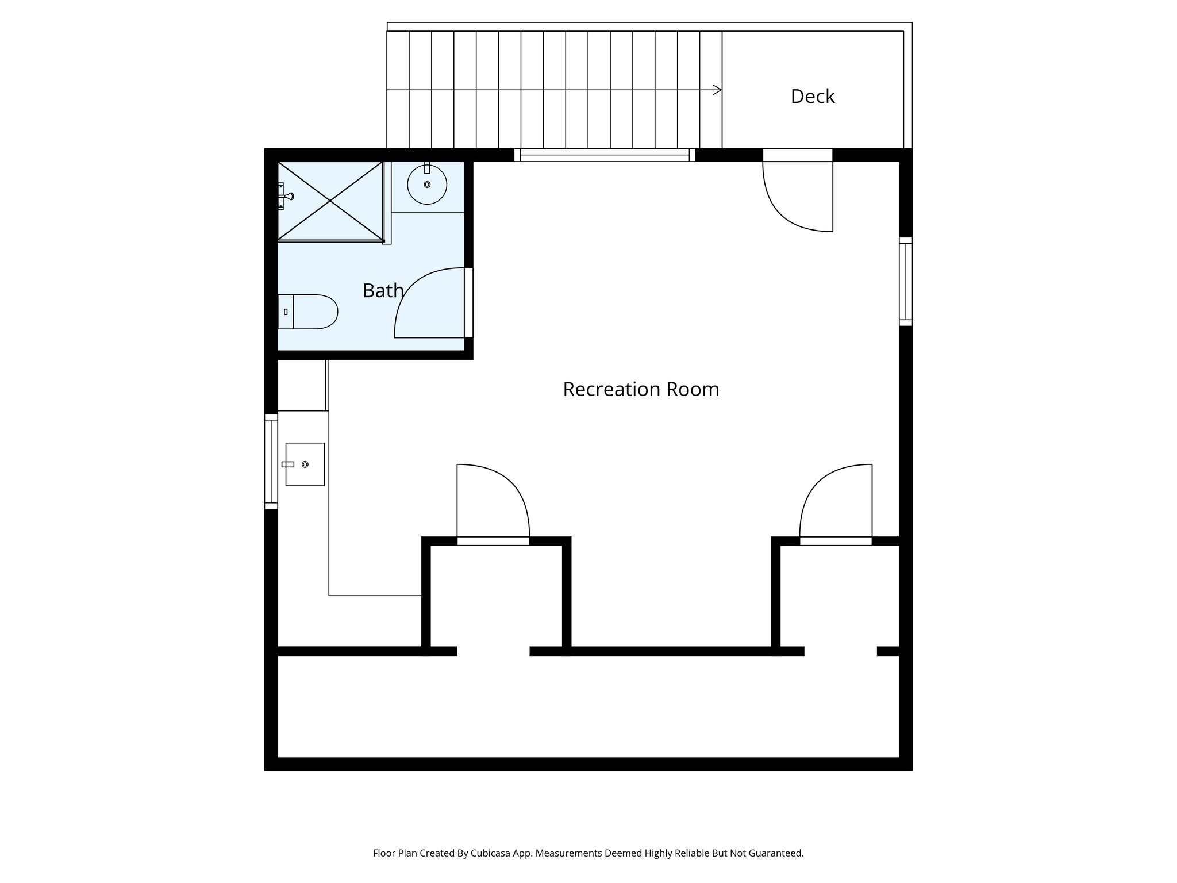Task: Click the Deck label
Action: coord(812,97)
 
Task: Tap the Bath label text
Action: coord(383,291)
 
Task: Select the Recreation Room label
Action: coord(640,390)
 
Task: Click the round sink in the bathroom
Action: coord(427,185)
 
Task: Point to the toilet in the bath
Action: coord(314,312)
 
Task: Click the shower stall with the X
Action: coord(330,201)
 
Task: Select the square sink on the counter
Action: coord(305,464)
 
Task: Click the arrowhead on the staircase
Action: coord(717,90)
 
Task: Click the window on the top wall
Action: coord(605,155)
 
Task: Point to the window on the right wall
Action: coord(905,281)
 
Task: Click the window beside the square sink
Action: coord(271,461)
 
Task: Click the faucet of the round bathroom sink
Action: coord(427,169)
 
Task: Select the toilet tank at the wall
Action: coord(286,312)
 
